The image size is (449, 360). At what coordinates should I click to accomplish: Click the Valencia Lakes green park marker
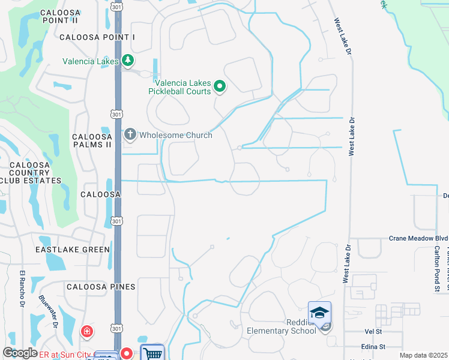coord(127,61)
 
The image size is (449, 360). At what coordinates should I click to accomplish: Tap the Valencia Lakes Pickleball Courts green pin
coord(220,87)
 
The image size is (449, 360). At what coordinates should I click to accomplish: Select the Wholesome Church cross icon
coord(130,135)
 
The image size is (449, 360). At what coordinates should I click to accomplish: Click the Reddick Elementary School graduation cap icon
coord(319,312)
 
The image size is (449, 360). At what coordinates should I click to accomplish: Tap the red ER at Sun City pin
coord(127,353)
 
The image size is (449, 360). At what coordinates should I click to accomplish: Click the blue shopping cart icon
coord(152,353)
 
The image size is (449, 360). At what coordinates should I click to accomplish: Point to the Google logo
coord(20,353)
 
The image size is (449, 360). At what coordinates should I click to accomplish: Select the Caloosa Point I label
coord(97,37)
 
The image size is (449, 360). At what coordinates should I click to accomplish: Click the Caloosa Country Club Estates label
coord(31,172)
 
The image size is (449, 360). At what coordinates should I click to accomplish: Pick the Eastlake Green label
coord(73,250)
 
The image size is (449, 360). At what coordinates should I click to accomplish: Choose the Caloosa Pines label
coord(101,287)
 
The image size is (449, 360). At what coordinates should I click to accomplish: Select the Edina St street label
coord(373,347)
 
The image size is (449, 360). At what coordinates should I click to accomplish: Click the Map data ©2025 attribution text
coord(423,355)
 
